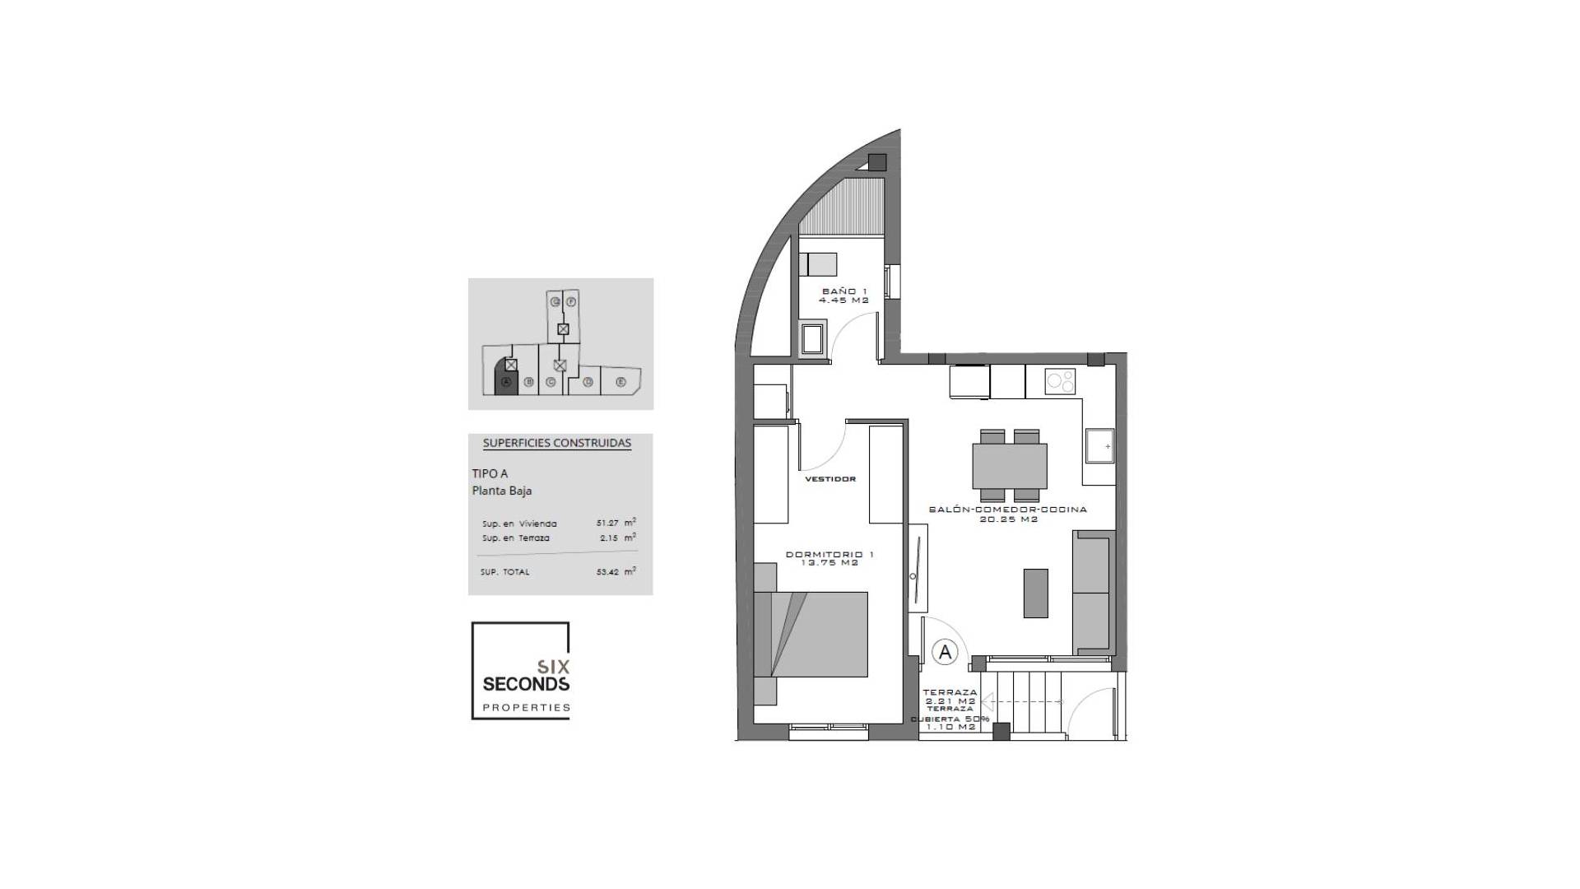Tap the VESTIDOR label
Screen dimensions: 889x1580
click(829, 478)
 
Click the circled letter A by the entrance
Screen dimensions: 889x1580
click(945, 652)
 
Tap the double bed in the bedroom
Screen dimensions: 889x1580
click(811, 633)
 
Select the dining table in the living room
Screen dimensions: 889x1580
click(1009, 465)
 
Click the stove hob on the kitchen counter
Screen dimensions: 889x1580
click(1060, 382)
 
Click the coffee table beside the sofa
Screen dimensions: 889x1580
click(1035, 593)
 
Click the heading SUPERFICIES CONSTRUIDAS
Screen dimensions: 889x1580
click(556, 443)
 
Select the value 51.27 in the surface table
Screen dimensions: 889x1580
click(607, 523)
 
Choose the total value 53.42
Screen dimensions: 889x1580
click(607, 571)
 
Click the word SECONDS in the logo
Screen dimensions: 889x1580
click(525, 684)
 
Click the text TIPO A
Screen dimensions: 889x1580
click(490, 473)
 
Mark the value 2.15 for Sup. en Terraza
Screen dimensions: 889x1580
click(609, 538)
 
